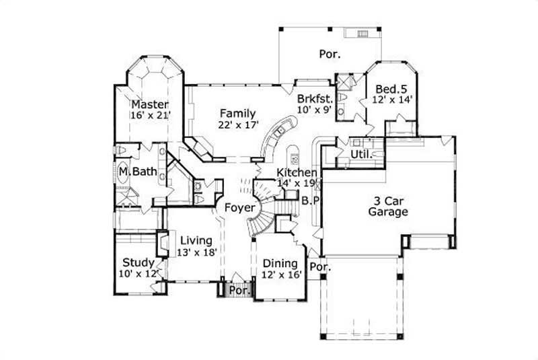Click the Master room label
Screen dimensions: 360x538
(x=149, y=104)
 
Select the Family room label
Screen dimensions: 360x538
(x=236, y=113)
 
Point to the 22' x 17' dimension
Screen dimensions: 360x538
(x=237, y=124)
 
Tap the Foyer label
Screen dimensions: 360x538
(x=239, y=207)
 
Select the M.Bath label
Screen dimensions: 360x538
(x=137, y=172)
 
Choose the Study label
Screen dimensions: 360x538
(x=138, y=262)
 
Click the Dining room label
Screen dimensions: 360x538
(x=280, y=263)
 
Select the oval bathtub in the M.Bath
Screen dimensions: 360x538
(x=125, y=172)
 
